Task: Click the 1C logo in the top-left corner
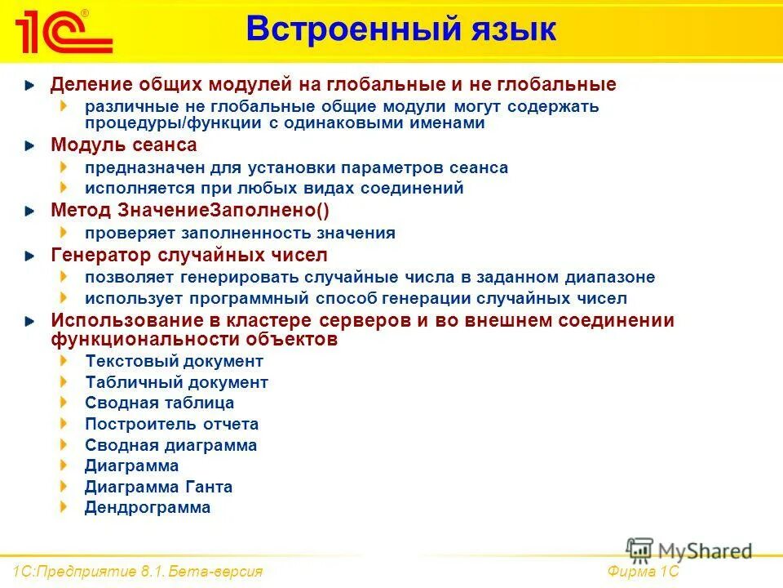point(61,31)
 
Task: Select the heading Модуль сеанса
point(123,145)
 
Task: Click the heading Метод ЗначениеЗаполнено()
point(190,211)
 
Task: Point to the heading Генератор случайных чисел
point(188,255)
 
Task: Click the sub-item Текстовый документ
point(174,361)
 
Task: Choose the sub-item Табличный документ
point(176,382)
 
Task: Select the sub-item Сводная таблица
point(159,403)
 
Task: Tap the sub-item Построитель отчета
point(171,424)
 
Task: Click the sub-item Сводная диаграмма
point(170,445)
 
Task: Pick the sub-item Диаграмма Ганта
point(158,487)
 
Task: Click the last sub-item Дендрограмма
point(148,507)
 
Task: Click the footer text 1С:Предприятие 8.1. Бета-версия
point(138,571)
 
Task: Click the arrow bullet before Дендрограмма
point(64,507)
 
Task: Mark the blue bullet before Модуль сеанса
point(30,146)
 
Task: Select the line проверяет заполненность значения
point(240,233)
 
